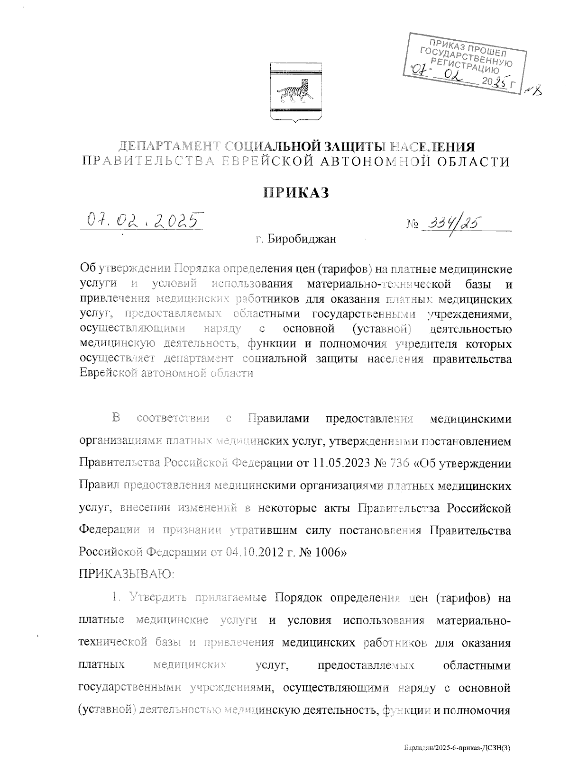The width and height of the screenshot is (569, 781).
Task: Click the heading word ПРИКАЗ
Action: (296, 193)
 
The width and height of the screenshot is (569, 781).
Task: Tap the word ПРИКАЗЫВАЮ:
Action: (126, 575)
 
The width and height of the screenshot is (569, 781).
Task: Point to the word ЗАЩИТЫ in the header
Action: (335, 146)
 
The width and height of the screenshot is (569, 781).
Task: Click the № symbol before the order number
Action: (412, 223)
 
